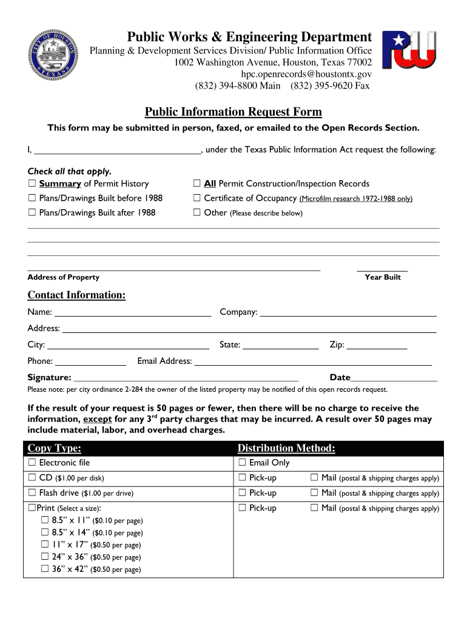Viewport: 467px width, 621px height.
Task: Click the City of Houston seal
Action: pyautogui.click(x=52, y=59)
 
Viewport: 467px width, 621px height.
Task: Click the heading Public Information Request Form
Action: pyautogui.click(x=233, y=112)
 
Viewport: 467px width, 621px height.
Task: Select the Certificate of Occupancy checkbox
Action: pyautogui.click(x=197, y=198)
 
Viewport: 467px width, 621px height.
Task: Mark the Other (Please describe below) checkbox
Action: pyautogui.click(x=197, y=213)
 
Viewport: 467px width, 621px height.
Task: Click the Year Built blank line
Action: pyautogui.click(x=382, y=267)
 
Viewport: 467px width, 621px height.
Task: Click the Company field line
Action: pyautogui.click(x=348, y=314)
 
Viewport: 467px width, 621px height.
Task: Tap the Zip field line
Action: pyautogui.click(x=377, y=346)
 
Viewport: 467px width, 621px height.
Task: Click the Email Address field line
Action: pyautogui.click(x=312, y=363)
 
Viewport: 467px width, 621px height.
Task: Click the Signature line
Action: pyautogui.click(x=186, y=378)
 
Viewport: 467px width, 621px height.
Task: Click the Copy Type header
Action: pyautogui.click(x=55, y=448)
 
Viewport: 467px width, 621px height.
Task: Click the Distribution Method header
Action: pyautogui.click(x=286, y=448)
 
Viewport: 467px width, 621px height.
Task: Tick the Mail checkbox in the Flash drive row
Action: pyautogui.click(x=314, y=493)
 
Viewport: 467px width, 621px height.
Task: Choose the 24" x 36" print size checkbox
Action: pyautogui.click(x=44, y=557)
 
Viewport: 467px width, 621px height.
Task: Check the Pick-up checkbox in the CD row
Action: pyautogui.click(x=242, y=478)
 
